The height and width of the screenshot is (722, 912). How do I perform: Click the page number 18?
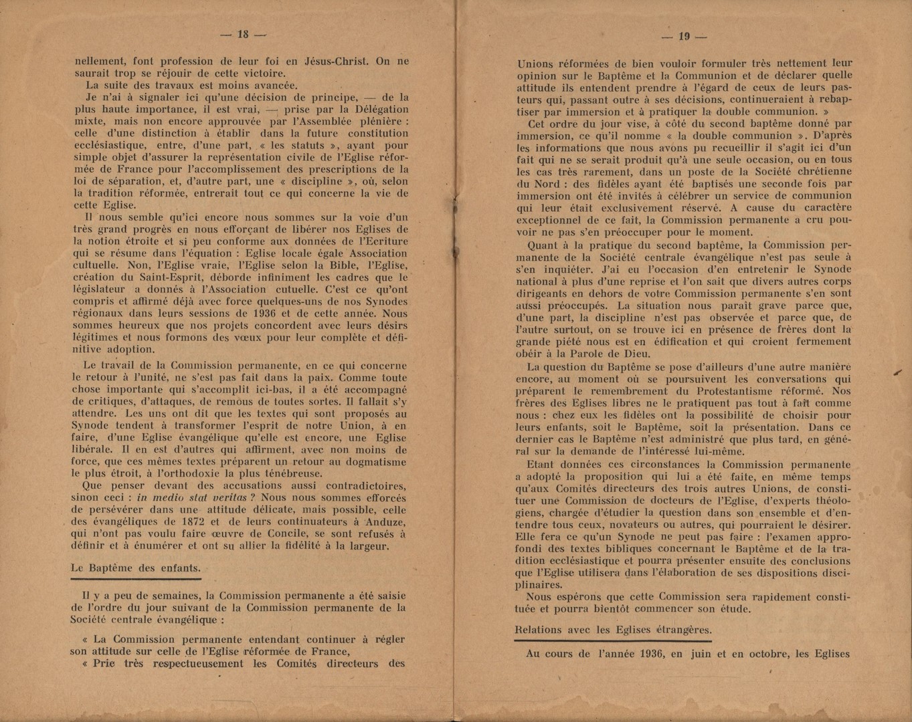242,34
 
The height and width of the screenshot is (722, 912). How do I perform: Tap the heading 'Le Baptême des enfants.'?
136,568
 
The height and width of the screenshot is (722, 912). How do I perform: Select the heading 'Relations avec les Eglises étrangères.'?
613,630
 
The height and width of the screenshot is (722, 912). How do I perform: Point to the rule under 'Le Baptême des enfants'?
136,579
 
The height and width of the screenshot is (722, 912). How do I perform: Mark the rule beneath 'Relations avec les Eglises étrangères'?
613,640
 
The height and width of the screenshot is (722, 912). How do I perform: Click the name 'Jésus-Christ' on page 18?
337,61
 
